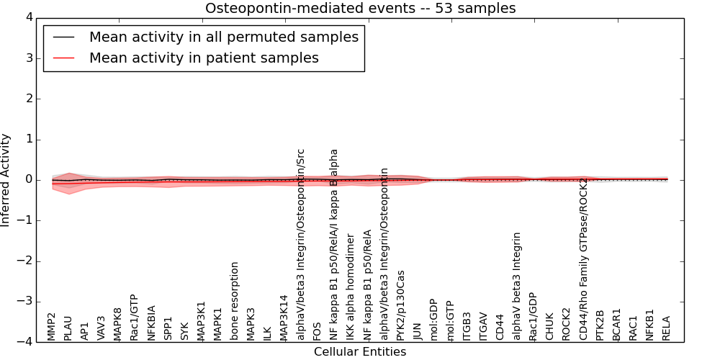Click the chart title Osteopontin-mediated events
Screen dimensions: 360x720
tap(360, 9)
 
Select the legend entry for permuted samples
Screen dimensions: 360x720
tap(223, 37)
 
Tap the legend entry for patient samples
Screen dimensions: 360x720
tap(204, 58)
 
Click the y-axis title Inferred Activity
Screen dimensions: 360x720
tap(6, 180)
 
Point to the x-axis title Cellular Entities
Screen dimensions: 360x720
tap(360, 352)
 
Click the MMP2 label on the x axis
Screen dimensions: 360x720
tap(52, 326)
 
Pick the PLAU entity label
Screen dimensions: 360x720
tap(68, 328)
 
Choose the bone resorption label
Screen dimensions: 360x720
tap(235, 300)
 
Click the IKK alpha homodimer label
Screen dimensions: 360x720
tap(351, 287)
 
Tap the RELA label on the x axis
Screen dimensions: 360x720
tap(666, 328)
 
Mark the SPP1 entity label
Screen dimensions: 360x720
tap(168, 328)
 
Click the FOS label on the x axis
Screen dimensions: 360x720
tap(318, 330)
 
